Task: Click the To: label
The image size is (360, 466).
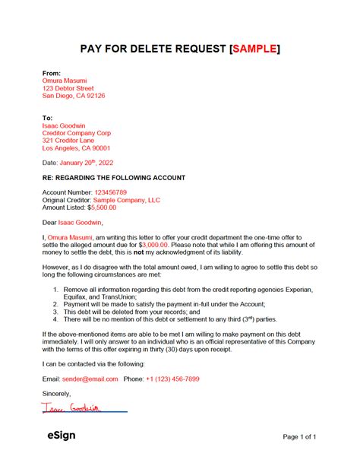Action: pyautogui.click(x=48, y=118)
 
